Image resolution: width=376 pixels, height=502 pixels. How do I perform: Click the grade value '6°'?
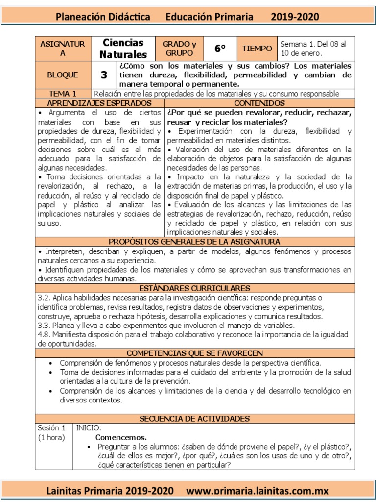pyautogui.click(x=220, y=49)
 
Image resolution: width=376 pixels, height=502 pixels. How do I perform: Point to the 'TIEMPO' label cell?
pyautogui.click(x=257, y=49)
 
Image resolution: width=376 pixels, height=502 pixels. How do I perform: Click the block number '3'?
pyautogui.click(x=103, y=75)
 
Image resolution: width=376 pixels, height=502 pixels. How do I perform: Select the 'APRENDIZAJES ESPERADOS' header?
pyautogui.click(x=99, y=103)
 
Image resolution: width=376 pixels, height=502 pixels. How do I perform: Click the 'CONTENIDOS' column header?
pyautogui.click(x=259, y=103)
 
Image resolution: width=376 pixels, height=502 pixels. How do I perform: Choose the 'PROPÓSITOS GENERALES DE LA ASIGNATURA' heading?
pyautogui.click(x=194, y=242)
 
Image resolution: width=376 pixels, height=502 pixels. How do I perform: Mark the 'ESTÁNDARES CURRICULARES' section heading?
pyautogui.click(x=194, y=288)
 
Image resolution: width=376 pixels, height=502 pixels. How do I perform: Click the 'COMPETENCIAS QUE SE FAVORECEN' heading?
pyautogui.click(x=194, y=353)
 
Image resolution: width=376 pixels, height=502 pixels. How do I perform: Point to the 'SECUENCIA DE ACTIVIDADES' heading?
pyautogui.click(x=194, y=418)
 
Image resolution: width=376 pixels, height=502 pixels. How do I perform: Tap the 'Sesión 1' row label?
pyautogui.click(x=52, y=428)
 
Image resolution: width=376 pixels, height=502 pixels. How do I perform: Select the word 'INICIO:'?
pyautogui.click(x=89, y=428)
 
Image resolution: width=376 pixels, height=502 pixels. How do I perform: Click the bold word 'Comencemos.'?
pyautogui.click(x=121, y=437)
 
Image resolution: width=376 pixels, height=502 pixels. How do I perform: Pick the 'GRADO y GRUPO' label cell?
pyautogui.click(x=179, y=49)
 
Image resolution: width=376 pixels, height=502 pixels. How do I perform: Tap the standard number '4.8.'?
pyautogui.click(x=46, y=335)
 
